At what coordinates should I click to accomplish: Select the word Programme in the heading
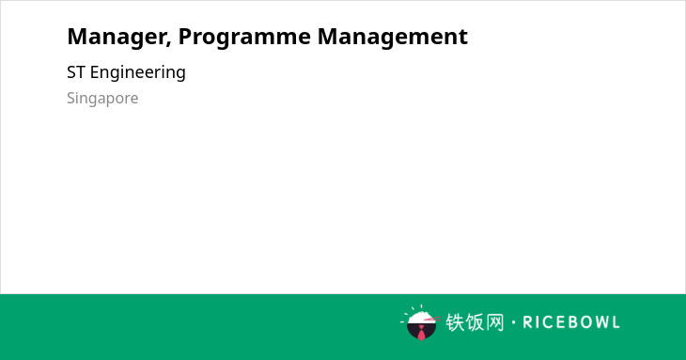coord(244,38)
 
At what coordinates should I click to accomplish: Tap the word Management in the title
coord(393,37)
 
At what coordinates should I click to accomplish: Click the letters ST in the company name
coord(76,72)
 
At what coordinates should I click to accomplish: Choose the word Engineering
coord(138,73)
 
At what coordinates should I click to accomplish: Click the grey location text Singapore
coord(102,99)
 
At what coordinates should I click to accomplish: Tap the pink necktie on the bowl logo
coord(421,334)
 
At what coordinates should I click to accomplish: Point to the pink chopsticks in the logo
coord(432,319)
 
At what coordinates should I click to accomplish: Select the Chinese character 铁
coord(455,322)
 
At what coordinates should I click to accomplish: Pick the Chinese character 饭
coord(475,322)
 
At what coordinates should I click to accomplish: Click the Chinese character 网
coord(495,322)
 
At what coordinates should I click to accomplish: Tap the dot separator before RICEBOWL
coord(514,322)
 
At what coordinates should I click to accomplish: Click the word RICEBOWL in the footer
coord(571,322)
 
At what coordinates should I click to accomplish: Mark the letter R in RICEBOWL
coord(527,322)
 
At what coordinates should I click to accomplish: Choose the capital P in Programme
coord(184,37)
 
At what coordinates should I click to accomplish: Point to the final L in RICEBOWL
coord(616,322)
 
